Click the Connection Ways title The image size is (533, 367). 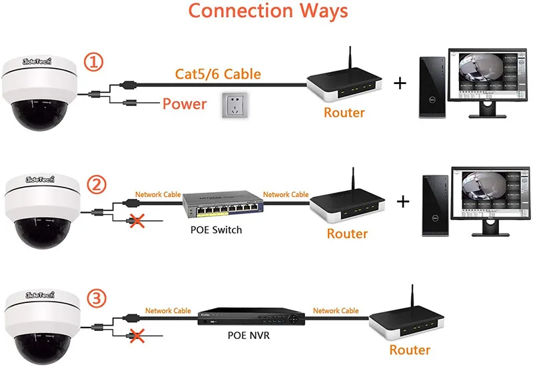(x=267, y=11)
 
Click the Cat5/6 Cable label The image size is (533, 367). (x=217, y=73)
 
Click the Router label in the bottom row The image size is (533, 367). (x=410, y=350)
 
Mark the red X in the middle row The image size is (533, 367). (x=138, y=220)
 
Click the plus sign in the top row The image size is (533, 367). (x=400, y=83)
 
